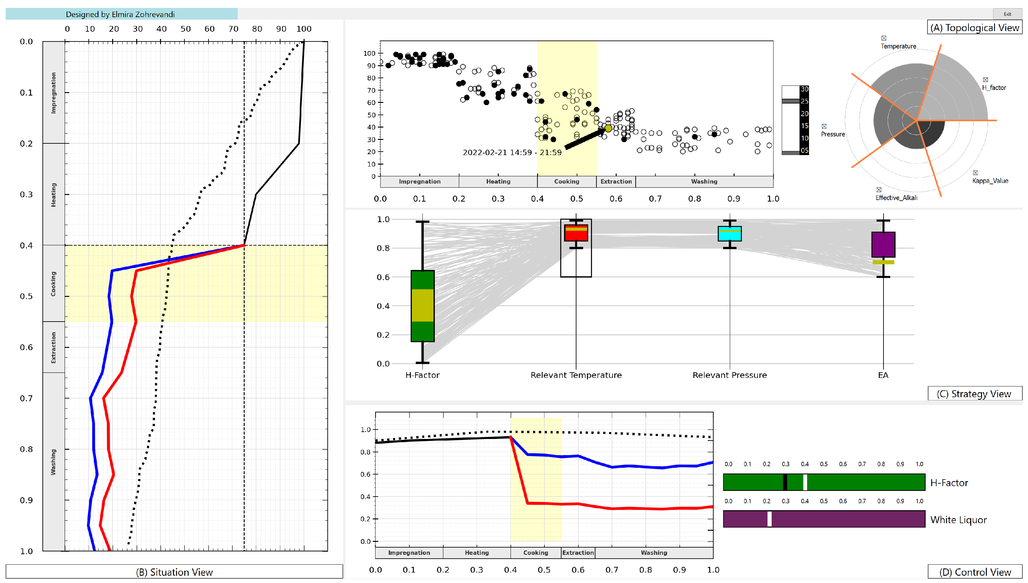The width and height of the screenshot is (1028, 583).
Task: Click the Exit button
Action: click(x=1007, y=14)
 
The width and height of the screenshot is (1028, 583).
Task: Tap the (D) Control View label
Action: click(x=975, y=572)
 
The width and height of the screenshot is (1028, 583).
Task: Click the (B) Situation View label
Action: click(x=174, y=572)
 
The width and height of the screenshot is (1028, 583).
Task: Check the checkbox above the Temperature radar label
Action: click(x=884, y=38)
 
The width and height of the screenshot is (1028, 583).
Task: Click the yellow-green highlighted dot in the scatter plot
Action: click(x=608, y=128)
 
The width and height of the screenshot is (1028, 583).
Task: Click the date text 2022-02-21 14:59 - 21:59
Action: click(x=512, y=153)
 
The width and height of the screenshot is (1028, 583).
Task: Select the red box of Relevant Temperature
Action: click(x=576, y=233)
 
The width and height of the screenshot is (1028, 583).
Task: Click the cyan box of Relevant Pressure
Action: click(x=729, y=234)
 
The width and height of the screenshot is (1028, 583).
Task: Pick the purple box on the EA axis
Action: click(x=883, y=244)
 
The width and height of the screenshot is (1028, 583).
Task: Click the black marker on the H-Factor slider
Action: click(x=785, y=482)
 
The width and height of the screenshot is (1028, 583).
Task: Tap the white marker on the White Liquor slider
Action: click(x=769, y=519)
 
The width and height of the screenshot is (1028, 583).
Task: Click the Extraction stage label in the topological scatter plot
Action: click(x=616, y=181)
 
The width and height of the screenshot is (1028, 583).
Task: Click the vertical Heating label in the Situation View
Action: click(x=53, y=195)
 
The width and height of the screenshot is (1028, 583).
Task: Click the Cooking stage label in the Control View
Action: click(x=536, y=553)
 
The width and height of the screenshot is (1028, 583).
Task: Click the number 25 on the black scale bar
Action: click(x=804, y=101)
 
